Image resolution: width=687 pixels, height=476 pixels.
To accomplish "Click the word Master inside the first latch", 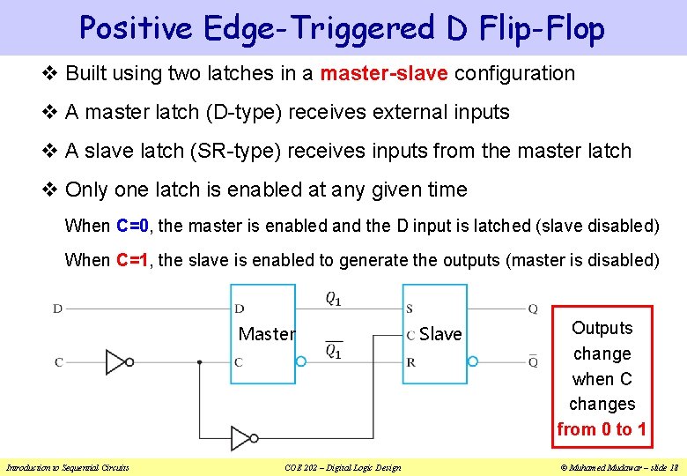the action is pos(266,334).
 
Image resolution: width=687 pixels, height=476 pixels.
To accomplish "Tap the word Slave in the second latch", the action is pos(440,334).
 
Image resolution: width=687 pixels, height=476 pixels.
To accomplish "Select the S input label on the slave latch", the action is pos(410,309).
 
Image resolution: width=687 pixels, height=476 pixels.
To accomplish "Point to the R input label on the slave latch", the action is pos(410,362).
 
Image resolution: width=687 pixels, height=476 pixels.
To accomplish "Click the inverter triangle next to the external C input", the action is pos(115,361).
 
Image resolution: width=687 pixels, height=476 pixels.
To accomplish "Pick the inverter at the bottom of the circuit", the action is pos(241,438).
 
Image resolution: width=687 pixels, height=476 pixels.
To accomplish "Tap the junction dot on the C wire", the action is pos(200,361).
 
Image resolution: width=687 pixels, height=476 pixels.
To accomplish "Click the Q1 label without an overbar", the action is pos(334,298).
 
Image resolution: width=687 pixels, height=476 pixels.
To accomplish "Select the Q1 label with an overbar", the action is pos(334,350).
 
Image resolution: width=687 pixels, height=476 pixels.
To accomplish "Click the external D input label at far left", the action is pos(57,309).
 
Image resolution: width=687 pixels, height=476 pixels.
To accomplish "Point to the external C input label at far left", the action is pos(58,362).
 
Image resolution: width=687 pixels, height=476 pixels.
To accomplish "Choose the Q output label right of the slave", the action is pos(533,309).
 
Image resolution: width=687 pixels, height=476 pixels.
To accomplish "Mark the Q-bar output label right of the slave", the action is pos(533,361).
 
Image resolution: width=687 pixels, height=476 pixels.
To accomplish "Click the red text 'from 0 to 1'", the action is pos(602,429).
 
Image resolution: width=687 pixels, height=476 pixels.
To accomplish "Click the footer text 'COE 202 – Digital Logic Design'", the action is pos(343,467).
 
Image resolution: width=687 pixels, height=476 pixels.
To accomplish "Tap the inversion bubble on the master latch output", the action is pos(300,361).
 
